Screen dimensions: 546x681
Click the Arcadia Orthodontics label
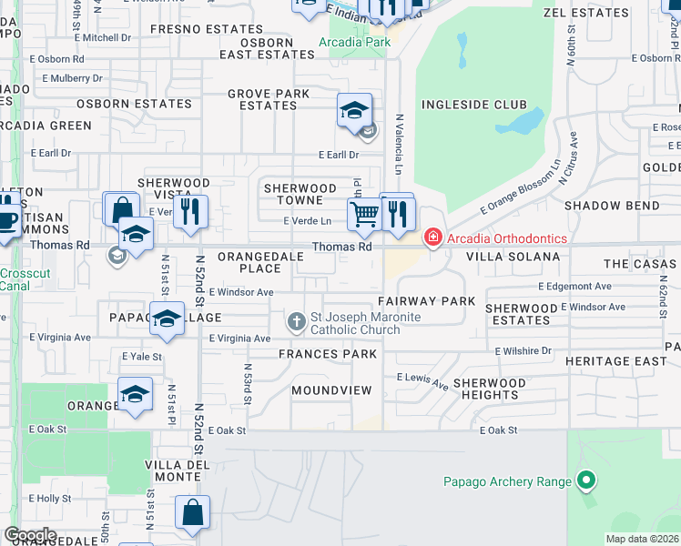pos(507,238)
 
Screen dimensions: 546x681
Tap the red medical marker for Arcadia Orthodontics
pos(432,238)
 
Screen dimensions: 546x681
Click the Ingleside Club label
pos(473,105)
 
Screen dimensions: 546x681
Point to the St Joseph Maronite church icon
pos(297,322)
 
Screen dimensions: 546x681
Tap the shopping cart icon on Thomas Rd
pos(364,214)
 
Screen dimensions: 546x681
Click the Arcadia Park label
pos(354,42)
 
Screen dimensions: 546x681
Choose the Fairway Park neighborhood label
pos(426,300)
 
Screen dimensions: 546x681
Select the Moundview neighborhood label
pos(331,390)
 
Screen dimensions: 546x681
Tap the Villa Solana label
pos(513,257)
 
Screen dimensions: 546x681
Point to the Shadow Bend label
pos(612,206)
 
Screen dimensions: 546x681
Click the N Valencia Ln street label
pos(399,144)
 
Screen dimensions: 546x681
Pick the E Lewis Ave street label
pos(422,380)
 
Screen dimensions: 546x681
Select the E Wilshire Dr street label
pos(523,350)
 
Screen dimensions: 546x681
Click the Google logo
pos(29,535)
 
